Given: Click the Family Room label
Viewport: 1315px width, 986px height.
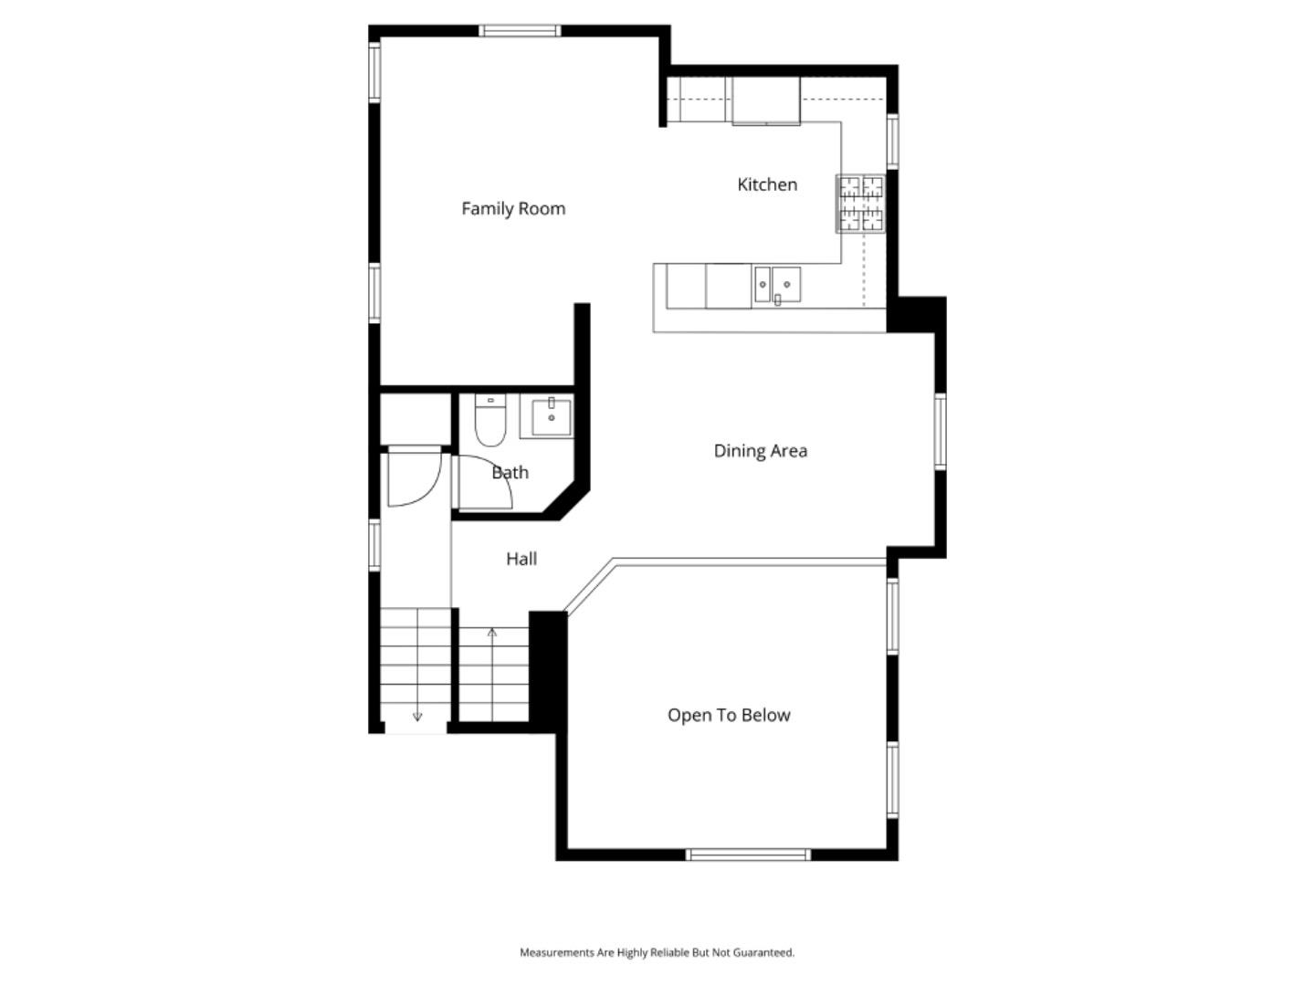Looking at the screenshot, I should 513,209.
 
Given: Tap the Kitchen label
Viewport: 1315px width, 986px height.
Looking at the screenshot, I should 767,184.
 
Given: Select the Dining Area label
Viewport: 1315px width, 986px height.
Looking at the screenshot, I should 760,451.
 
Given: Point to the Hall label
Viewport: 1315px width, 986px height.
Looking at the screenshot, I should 521,559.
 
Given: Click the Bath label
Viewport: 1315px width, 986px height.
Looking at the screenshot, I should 510,473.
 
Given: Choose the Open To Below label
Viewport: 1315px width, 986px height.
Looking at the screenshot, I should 729,716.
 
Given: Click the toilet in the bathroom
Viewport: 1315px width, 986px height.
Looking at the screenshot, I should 490,422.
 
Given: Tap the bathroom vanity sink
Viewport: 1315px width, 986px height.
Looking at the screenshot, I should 551,417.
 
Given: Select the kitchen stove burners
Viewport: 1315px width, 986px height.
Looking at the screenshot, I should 861,204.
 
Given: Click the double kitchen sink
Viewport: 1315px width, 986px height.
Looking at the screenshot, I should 776,285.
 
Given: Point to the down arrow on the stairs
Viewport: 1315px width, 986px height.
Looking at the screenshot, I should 417,717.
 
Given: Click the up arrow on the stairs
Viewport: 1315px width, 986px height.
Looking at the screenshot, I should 492,632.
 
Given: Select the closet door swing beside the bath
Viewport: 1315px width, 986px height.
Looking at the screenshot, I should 413,477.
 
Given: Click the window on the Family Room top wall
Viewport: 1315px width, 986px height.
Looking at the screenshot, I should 521,31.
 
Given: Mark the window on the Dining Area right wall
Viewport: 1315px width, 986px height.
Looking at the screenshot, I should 940,432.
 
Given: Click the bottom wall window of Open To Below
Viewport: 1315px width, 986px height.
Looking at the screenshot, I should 748,855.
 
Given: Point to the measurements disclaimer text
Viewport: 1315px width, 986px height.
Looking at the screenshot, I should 657,952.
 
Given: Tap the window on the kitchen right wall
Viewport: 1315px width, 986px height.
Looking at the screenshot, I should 892,141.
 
